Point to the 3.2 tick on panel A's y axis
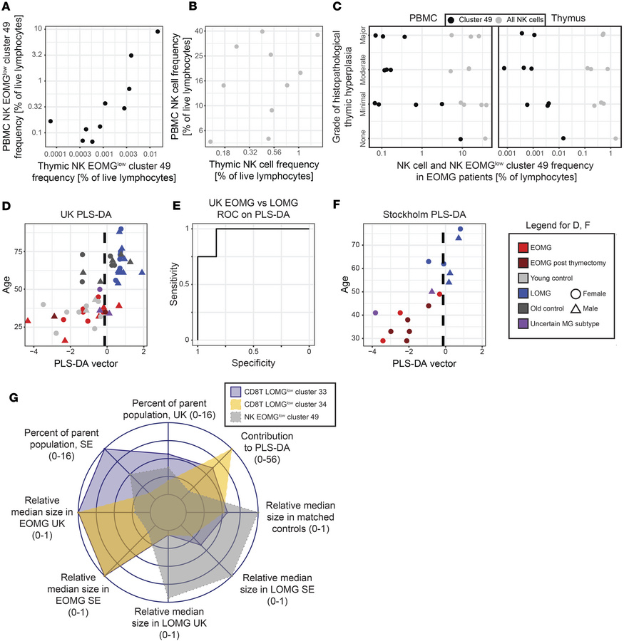coord(34,54)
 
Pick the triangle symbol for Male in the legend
coord(575,314)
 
